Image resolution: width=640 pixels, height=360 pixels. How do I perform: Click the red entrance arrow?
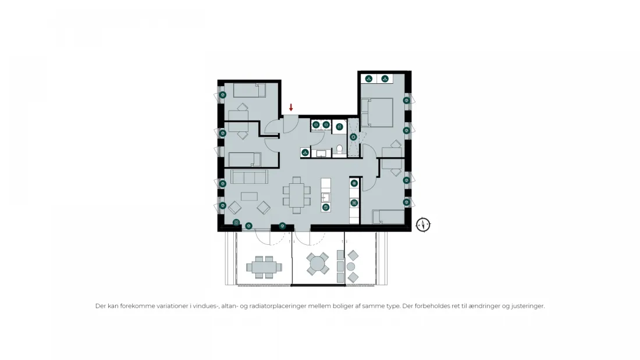(x=291, y=108)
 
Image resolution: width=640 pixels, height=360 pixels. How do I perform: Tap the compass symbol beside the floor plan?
(x=423, y=224)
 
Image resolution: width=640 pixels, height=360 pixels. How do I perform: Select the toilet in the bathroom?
(x=339, y=150)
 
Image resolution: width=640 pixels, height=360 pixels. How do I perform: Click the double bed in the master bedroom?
(x=377, y=112)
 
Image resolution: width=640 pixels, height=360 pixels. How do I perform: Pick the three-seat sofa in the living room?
(x=250, y=177)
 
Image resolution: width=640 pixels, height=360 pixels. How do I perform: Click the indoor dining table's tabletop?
(x=297, y=195)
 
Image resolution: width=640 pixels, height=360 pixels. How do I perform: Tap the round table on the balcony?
(x=317, y=264)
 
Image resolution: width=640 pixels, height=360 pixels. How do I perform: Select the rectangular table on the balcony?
(x=264, y=267)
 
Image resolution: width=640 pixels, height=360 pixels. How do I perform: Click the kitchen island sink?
(x=325, y=198)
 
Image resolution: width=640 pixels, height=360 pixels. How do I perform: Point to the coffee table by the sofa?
(x=249, y=197)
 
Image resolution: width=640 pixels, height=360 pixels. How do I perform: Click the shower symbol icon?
(x=354, y=137)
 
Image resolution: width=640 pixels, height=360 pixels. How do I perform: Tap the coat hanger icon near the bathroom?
(x=305, y=152)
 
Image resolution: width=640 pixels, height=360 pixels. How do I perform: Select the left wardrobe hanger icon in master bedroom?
(x=368, y=79)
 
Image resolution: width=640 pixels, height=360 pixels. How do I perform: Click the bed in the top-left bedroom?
(x=250, y=90)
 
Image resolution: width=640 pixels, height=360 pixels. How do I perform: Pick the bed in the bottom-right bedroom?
(x=388, y=217)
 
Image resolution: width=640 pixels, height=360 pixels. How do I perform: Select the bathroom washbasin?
(x=321, y=154)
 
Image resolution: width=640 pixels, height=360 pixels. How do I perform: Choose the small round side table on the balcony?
(x=351, y=266)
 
